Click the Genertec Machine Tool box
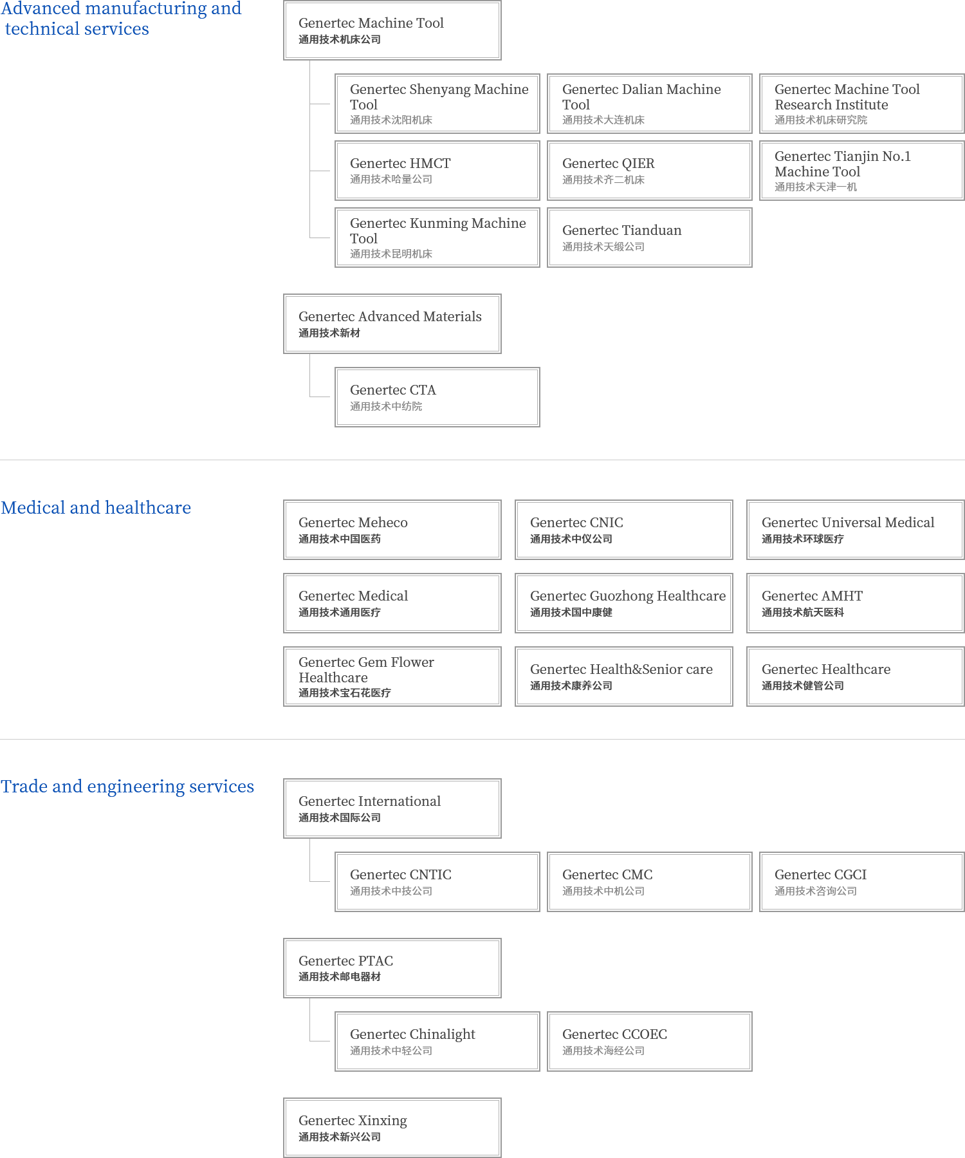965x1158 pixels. tap(392, 30)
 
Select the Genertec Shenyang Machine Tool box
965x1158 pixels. tap(437, 104)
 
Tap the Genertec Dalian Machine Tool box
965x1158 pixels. tap(649, 104)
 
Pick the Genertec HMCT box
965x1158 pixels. tap(437, 171)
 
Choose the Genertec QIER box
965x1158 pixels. tap(649, 171)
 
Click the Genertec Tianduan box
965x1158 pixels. tap(649, 238)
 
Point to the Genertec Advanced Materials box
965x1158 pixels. tap(392, 324)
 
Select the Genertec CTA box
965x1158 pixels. tap(437, 397)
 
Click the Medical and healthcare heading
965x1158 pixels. tap(96, 508)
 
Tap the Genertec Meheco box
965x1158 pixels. tap(392, 530)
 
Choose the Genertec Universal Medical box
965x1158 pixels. tap(855, 530)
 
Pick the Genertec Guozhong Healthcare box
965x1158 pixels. tap(623, 603)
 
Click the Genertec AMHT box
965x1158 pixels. tap(855, 603)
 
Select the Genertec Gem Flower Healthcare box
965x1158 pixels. tap(392, 677)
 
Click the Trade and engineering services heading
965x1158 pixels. tap(127, 787)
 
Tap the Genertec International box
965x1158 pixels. tap(392, 808)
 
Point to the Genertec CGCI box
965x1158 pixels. tap(861, 882)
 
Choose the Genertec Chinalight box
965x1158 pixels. tap(437, 1041)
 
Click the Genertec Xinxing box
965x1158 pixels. tap(392, 1128)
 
